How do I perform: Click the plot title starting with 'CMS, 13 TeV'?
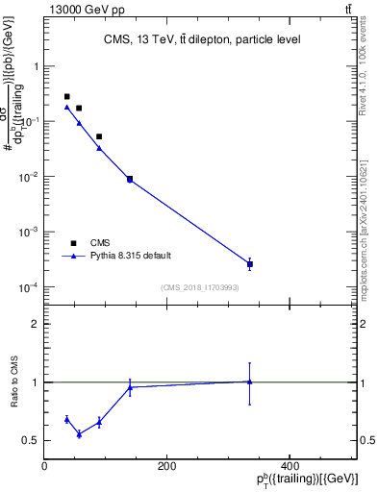(202, 39)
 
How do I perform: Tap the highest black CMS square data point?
(66, 97)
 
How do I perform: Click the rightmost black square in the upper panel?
(250, 264)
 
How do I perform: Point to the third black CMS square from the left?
(99, 136)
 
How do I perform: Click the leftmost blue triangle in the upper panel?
(66, 107)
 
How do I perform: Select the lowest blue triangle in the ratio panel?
(79, 434)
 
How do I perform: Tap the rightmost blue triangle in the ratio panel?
(250, 381)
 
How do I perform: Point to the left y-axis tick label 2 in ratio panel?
(35, 324)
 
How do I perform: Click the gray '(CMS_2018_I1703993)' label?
(201, 287)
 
